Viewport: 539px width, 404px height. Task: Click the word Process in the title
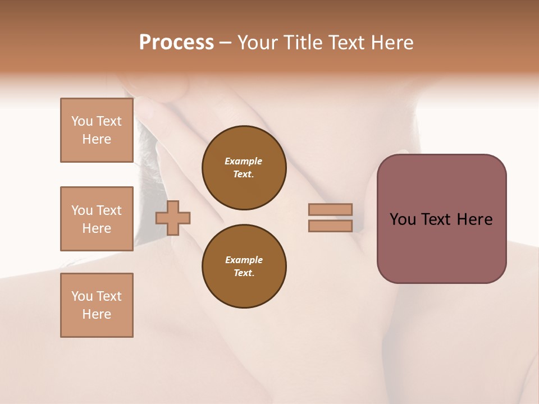(176, 43)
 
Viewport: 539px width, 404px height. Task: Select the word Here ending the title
(389, 43)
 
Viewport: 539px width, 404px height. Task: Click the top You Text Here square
(97, 130)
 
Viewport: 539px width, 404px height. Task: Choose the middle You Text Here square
(97, 219)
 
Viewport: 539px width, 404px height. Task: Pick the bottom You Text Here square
(97, 305)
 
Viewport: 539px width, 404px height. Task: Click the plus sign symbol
(173, 218)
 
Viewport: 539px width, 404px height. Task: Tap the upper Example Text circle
(244, 168)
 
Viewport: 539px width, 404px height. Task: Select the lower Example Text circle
(244, 267)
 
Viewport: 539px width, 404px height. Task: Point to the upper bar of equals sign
(330, 209)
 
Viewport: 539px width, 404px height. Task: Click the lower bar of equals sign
(330, 226)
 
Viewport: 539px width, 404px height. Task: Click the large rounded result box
(441, 247)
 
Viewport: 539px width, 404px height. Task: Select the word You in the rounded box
(402, 219)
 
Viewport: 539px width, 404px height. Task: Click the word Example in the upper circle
(244, 161)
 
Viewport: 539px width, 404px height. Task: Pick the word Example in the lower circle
(244, 260)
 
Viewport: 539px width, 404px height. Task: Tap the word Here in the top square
(97, 139)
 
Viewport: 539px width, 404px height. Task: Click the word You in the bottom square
(82, 296)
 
